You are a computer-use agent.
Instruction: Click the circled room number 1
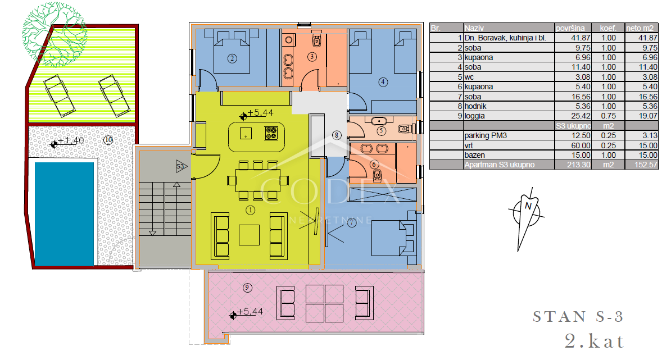pyautogui.click(x=251, y=209)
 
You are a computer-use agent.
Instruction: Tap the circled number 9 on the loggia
pyautogui.click(x=247, y=288)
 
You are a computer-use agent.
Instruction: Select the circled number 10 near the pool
pyautogui.click(x=108, y=140)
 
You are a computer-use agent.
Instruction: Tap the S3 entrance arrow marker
pyautogui.click(x=181, y=166)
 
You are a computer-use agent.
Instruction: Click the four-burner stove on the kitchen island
pyautogui.click(x=271, y=133)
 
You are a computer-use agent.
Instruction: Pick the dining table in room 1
pyautogui.click(x=257, y=180)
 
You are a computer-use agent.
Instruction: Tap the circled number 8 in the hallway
pyautogui.click(x=336, y=135)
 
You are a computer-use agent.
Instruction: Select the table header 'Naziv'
pyautogui.click(x=474, y=28)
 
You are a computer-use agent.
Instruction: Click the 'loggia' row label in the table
pyautogui.click(x=474, y=116)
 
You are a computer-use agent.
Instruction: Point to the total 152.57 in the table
pyautogui.click(x=646, y=165)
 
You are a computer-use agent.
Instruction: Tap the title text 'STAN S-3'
pyautogui.click(x=578, y=317)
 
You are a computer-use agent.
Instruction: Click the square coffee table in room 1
pyautogui.click(x=249, y=235)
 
